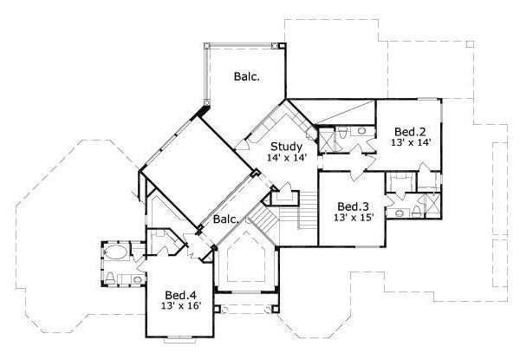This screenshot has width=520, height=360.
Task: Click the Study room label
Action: [285, 145]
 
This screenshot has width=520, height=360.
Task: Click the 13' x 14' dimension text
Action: [411, 141]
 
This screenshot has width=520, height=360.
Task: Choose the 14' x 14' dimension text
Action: [285, 160]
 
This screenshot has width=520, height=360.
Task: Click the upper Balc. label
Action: [246, 76]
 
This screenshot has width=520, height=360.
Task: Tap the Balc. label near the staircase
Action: [225, 219]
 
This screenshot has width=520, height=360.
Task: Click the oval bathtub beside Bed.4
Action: [114, 254]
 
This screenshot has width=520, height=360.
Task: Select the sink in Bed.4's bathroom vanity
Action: [114, 278]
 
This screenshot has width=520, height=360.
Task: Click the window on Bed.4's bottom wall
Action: [180, 336]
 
